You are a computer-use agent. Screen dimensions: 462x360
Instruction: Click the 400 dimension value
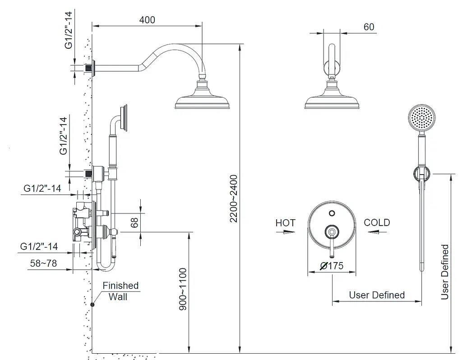point(147,20)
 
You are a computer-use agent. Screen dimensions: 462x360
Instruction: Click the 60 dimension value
point(369,27)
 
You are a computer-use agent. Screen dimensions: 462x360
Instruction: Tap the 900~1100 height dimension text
point(183,289)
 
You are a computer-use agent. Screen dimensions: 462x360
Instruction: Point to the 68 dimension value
point(134,222)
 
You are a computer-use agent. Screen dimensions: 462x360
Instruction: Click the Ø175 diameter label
point(332,266)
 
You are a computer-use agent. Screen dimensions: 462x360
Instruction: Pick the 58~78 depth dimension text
point(43,263)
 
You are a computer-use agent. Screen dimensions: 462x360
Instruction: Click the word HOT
point(285,223)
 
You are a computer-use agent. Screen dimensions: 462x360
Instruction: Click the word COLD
point(377,222)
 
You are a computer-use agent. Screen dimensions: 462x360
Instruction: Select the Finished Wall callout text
point(120,291)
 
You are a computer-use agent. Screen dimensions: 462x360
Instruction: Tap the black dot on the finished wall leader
point(92,305)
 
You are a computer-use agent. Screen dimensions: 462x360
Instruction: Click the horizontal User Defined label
point(377,295)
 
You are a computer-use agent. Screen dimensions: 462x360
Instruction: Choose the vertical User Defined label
point(445,272)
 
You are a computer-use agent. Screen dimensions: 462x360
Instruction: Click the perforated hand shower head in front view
point(422,118)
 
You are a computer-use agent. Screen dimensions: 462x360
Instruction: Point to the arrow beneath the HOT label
point(286,232)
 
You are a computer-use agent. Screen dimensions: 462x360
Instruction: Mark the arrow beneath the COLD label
point(377,232)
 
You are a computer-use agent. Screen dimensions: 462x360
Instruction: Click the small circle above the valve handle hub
point(332,213)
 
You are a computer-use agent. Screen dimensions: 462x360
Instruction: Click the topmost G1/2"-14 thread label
point(69,30)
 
